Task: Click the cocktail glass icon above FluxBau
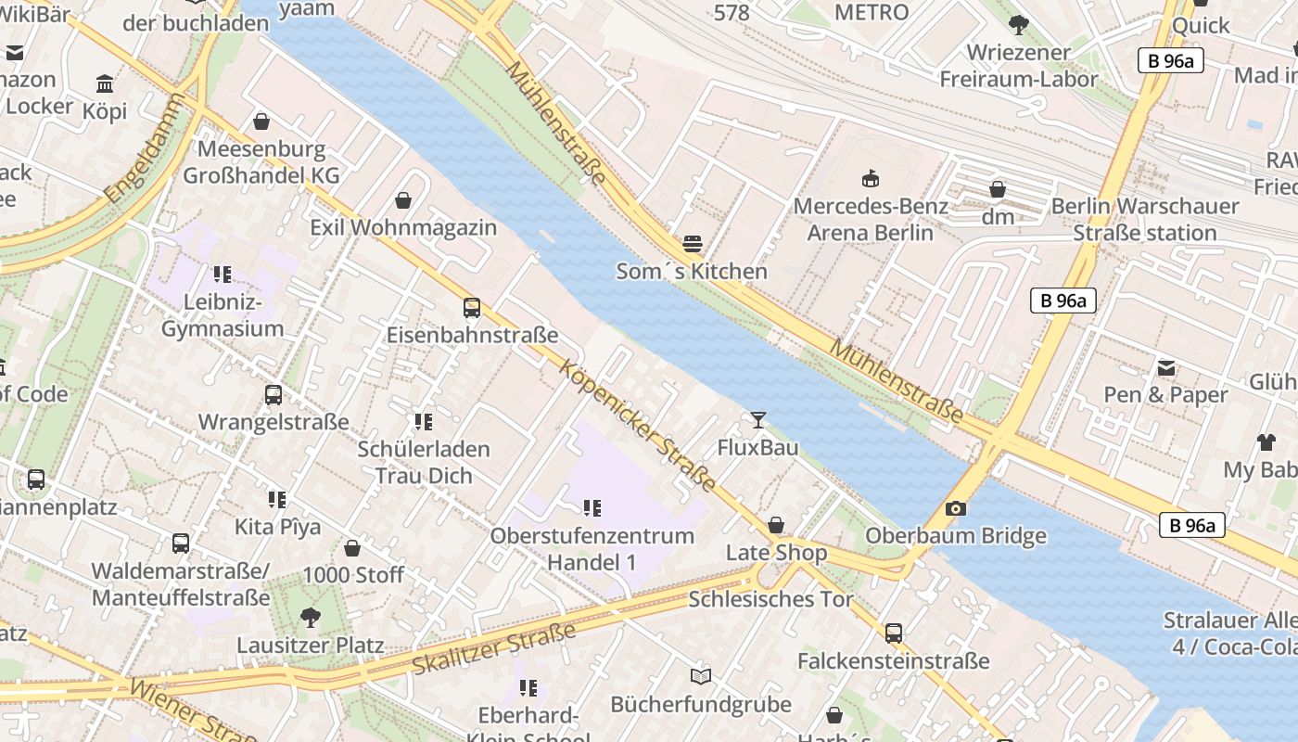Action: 758,420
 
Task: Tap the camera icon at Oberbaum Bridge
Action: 955,508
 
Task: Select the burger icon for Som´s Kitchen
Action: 692,244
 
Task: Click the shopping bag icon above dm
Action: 998,189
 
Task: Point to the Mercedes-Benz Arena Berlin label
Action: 870,219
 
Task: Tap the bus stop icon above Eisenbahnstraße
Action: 472,308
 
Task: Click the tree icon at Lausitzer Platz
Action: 311,617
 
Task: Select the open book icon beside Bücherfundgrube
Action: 701,677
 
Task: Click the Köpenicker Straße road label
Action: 638,426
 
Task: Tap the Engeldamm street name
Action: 146,161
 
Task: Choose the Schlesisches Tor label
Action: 770,599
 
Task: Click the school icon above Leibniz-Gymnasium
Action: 222,275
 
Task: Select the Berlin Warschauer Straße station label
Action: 1144,219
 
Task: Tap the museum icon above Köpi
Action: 105,84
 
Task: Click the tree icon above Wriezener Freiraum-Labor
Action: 1018,25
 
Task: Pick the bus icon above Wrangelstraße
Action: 274,395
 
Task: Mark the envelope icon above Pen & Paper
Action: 1165,368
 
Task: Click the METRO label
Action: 872,12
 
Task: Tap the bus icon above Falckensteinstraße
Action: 893,633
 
